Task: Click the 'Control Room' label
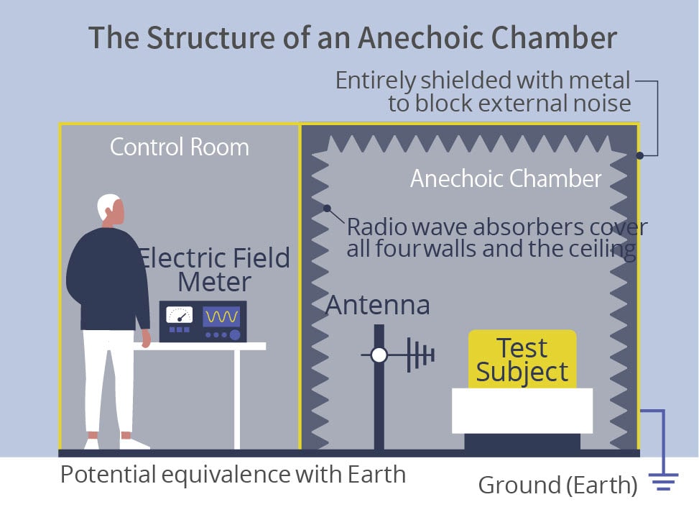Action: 179,147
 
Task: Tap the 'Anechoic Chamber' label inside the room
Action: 506,178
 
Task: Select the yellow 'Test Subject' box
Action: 522,360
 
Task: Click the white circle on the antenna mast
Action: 379,355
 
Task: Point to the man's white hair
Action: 107,206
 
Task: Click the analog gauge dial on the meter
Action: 179,315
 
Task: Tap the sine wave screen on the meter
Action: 221,316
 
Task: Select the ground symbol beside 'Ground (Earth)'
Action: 664,482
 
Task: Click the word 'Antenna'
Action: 378,305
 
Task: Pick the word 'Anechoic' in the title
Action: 420,37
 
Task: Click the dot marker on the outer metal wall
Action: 639,155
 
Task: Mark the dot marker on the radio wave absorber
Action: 327,209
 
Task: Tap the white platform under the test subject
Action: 522,411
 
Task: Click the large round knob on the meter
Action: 235,334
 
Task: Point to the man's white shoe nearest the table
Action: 134,444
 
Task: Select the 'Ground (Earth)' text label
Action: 557,485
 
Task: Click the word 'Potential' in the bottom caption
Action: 108,475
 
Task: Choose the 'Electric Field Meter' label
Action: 215,270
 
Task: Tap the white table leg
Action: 237,399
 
